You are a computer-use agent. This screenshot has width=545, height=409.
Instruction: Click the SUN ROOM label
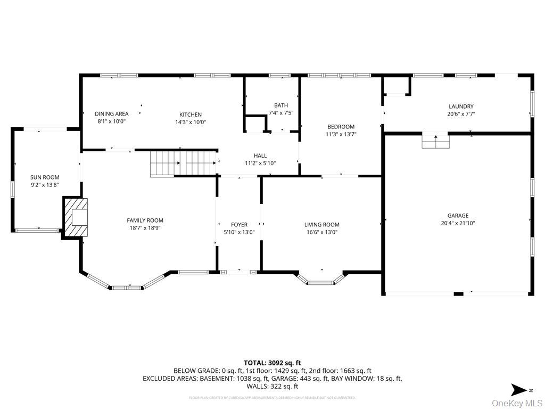point(45,177)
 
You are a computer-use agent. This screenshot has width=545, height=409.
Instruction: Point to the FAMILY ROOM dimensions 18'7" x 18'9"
point(145,228)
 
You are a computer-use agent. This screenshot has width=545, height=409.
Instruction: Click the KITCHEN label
point(191,114)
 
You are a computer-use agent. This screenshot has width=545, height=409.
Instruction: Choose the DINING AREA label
point(112,113)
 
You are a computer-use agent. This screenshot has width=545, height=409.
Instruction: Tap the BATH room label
point(281,105)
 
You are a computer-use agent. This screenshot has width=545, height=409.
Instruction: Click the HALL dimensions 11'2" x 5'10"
point(260,163)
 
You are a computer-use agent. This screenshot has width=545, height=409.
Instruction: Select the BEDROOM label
point(341,127)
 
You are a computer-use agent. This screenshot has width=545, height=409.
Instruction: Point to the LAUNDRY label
point(461,107)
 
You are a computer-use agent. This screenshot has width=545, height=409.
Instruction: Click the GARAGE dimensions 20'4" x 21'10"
point(458,224)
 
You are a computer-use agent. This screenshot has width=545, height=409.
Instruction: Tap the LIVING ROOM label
point(321,225)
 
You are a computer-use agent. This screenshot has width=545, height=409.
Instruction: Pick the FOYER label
point(239,225)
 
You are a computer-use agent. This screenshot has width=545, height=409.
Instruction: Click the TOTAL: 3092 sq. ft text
point(272,362)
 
